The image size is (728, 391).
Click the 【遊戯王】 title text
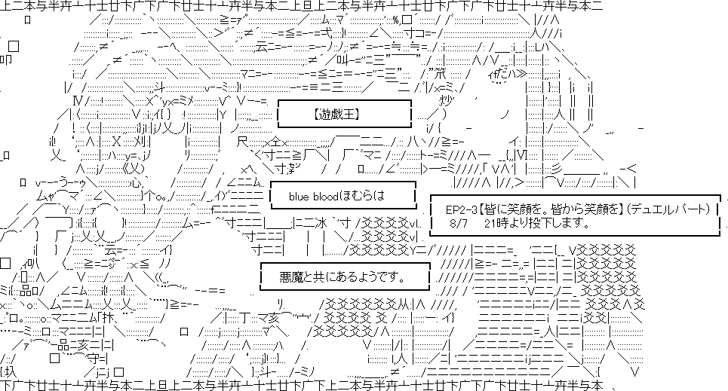338,115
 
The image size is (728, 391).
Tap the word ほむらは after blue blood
363,196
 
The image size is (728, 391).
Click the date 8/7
458,224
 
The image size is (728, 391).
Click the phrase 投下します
561,224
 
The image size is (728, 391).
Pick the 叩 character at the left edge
6,60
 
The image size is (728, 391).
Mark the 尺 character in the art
243,141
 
